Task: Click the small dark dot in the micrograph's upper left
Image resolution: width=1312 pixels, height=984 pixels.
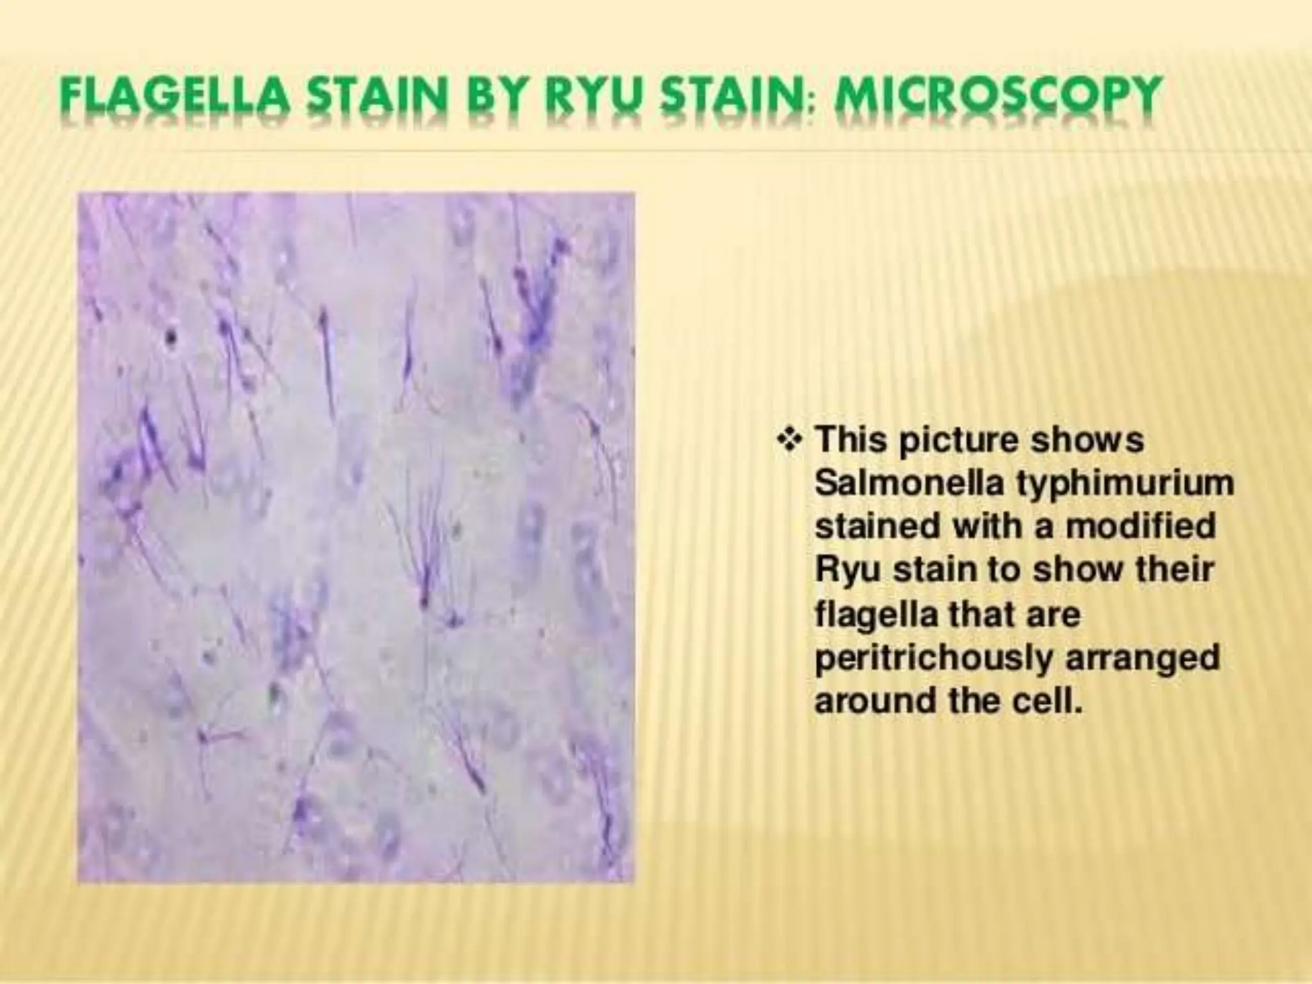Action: click(170, 336)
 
